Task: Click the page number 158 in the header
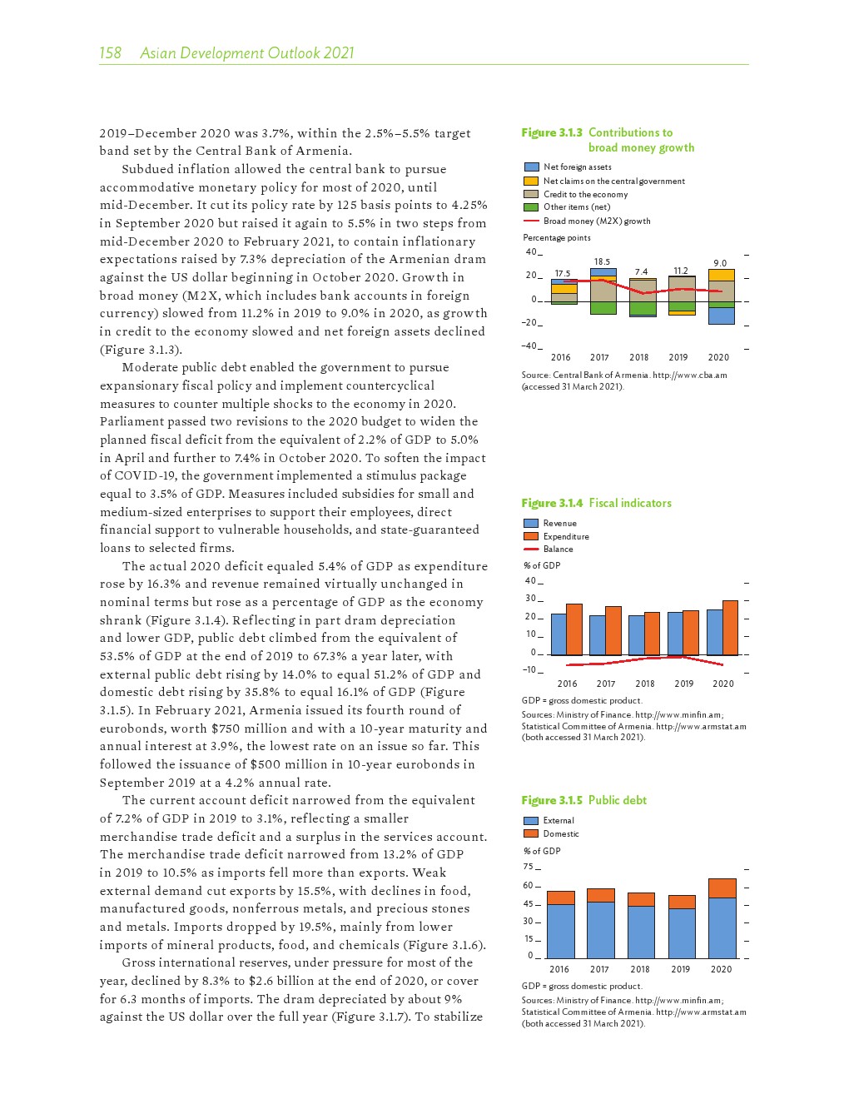pyautogui.click(x=110, y=53)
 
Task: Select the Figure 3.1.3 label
pyautogui.click(x=551, y=132)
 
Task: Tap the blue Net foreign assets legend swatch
pyautogui.click(x=531, y=167)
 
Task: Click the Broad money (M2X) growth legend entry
pyautogui.click(x=596, y=221)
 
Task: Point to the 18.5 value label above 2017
pyautogui.click(x=602, y=261)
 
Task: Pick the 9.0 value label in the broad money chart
pyautogui.click(x=720, y=263)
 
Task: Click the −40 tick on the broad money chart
pyautogui.click(x=529, y=346)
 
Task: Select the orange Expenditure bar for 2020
pyautogui.click(x=730, y=628)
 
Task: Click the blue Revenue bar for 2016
pyautogui.click(x=559, y=634)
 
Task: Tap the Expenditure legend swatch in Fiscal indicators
pyautogui.click(x=531, y=536)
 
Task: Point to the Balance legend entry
pyautogui.click(x=558, y=549)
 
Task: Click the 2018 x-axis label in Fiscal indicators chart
pyautogui.click(x=645, y=684)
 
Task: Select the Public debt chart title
pyautogui.click(x=617, y=800)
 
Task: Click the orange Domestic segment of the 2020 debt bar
pyautogui.click(x=722, y=888)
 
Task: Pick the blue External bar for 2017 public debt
pyautogui.click(x=600, y=930)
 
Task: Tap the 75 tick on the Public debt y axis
pyautogui.click(x=529, y=867)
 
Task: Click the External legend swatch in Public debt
pyautogui.click(x=531, y=821)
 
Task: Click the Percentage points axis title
pyautogui.click(x=556, y=237)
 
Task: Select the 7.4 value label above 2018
pyautogui.click(x=641, y=272)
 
